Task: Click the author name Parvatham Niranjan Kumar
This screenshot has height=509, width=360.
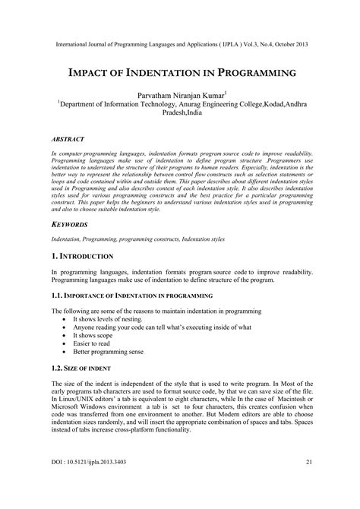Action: (x=179, y=96)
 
